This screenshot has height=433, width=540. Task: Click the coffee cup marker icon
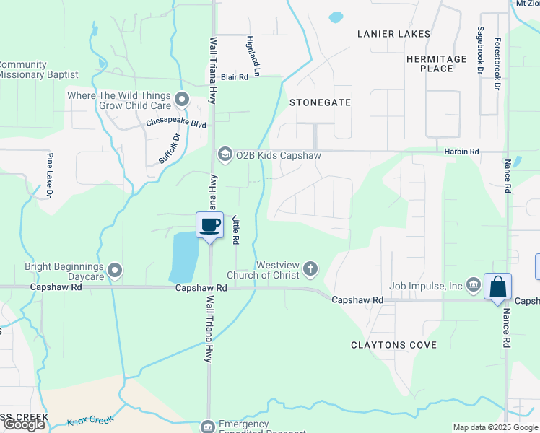[210, 225]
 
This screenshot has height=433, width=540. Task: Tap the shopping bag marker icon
[498, 287]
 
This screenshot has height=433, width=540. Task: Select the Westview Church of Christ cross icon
[310, 268]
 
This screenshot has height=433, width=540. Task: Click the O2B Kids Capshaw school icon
[225, 155]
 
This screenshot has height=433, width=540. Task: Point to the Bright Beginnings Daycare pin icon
[115, 271]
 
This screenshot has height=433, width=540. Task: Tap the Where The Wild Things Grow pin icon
[181, 100]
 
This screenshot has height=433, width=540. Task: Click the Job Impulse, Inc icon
[473, 286]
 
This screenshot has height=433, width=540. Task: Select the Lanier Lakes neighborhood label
[394, 34]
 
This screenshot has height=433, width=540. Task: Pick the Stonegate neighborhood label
[320, 102]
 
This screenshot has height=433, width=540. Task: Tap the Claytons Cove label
[394, 345]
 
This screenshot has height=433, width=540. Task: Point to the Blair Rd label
[235, 76]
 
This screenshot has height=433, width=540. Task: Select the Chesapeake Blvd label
[176, 123]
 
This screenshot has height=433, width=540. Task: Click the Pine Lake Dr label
[51, 175]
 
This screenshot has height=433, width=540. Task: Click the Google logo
[24, 424]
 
